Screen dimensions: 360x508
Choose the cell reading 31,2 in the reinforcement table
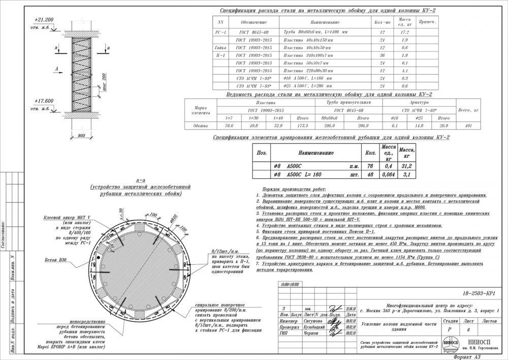[406, 166]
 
